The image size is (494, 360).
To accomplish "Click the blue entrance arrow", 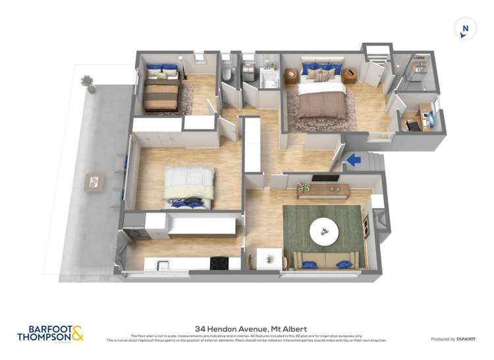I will point(353,159).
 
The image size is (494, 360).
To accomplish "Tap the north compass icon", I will point(465,29).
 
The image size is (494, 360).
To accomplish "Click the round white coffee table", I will point(323,230).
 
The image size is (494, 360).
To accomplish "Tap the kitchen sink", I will point(162,265).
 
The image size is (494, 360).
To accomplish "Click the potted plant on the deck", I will point(88,83).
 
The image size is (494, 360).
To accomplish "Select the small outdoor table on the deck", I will point(94,181).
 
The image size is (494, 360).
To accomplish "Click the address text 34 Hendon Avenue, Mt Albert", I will point(251,328).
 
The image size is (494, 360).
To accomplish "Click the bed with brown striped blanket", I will point(161,95).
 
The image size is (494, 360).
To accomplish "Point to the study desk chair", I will point(412,124).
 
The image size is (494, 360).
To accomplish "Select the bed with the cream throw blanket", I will point(189,187).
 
